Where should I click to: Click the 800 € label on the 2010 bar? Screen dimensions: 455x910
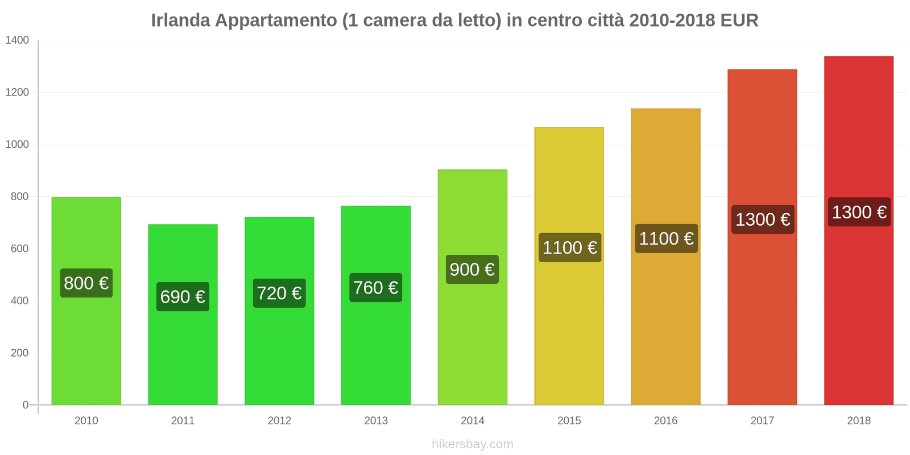point(86,283)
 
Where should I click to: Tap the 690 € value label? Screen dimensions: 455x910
point(183,297)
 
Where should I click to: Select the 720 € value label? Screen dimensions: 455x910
point(279,293)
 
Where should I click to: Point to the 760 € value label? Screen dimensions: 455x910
point(375,288)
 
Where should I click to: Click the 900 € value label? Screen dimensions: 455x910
point(472,270)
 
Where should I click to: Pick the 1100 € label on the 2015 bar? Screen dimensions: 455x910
point(569,248)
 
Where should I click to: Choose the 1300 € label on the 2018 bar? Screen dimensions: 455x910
point(859,213)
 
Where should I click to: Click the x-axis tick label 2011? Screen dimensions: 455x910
point(183,421)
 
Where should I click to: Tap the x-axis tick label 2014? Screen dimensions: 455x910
point(472,421)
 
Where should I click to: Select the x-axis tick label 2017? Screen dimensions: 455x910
point(762,421)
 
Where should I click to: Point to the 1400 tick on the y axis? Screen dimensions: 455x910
point(17,40)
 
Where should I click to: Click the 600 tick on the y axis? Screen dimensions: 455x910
point(19,249)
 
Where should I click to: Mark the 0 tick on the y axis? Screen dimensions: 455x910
point(26,405)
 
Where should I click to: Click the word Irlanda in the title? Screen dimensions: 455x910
point(180,20)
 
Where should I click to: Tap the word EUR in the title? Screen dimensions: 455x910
point(739,20)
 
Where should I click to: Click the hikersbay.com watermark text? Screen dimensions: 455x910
point(472,444)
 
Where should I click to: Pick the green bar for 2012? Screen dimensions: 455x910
point(279,353)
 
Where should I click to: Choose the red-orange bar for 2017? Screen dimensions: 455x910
point(762,318)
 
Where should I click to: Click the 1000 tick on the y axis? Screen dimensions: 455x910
point(17,144)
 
